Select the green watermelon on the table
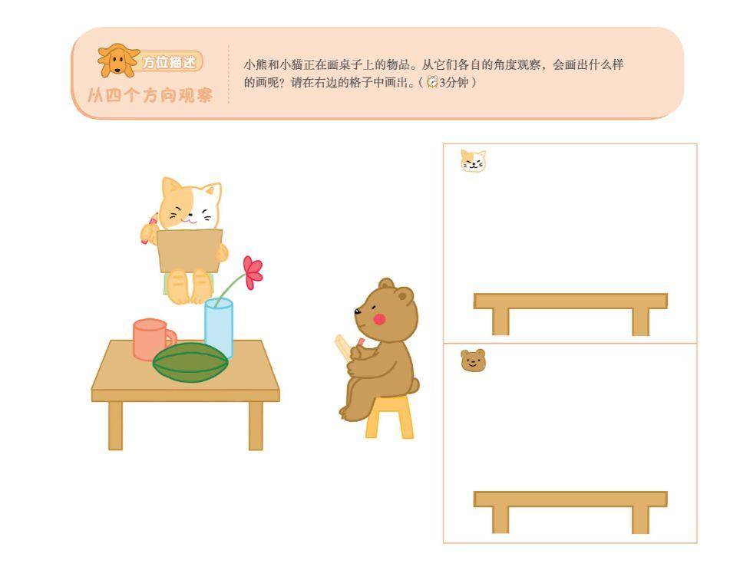point(190,362)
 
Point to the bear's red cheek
point(379,319)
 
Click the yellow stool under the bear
point(390,417)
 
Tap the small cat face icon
point(473,161)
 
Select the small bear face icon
point(473,361)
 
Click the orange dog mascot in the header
point(118,61)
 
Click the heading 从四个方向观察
point(150,95)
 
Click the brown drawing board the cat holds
point(190,250)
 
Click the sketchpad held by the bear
point(344,348)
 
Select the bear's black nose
point(357,311)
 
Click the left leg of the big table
point(116,426)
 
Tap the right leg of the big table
point(256,426)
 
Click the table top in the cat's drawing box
point(570,301)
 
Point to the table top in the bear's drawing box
point(570,499)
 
